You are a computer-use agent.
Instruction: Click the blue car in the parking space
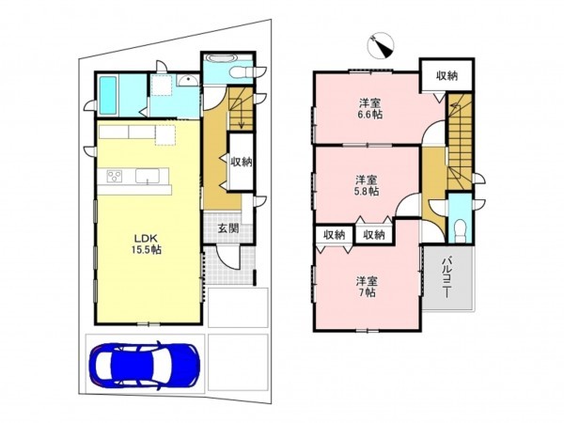tap(144, 365)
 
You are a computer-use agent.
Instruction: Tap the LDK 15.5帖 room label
tap(146, 243)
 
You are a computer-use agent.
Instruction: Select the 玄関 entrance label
tap(228, 228)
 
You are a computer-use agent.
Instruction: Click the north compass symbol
tap(381, 46)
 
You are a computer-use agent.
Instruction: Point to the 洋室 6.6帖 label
tap(370, 109)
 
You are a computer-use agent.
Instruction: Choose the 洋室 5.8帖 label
tap(367, 185)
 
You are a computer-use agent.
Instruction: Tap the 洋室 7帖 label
tap(367, 287)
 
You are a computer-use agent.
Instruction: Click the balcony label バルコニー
tap(447, 276)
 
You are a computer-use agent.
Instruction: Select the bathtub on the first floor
tap(108, 96)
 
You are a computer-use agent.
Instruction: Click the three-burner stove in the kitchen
tap(115, 177)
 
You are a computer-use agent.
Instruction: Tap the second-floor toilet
tap(460, 232)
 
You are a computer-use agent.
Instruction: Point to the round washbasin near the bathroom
tap(187, 81)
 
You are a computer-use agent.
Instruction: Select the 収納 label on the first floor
tap(241, 162)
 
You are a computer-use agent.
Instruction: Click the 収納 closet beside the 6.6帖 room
tap(447, 75)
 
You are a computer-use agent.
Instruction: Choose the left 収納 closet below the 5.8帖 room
tap(335, 235)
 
